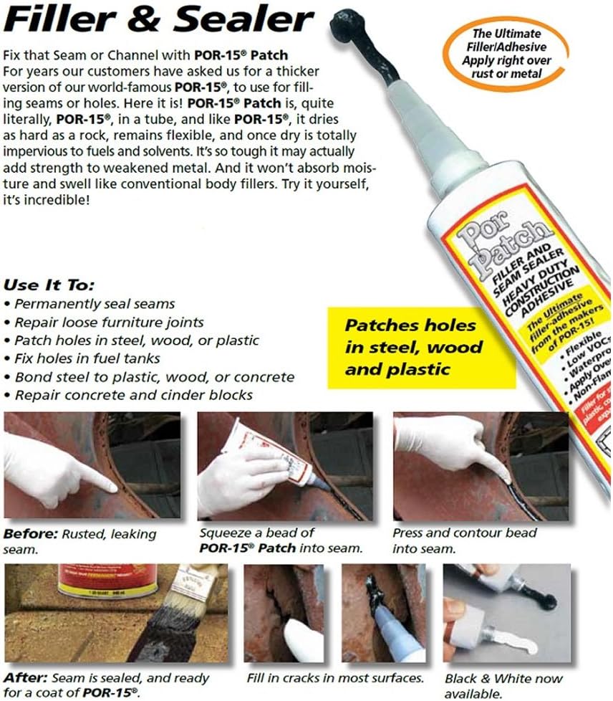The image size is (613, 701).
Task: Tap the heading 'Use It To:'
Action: click(x=49, y=285)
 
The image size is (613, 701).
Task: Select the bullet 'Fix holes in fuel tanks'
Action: click(x=87, y=358)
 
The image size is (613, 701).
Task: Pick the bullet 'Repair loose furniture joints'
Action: click(x=108, y=322)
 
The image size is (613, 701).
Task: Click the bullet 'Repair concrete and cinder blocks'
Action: click(x=132, y=395)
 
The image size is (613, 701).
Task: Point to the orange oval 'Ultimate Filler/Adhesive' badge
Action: click(x=506, y=53)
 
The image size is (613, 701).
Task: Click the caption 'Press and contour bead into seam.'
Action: click(x=464, y=540)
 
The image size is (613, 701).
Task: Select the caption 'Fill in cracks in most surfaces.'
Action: click(x=334, y=677)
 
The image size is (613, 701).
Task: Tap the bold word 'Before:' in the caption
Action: click(x=28, y=534)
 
